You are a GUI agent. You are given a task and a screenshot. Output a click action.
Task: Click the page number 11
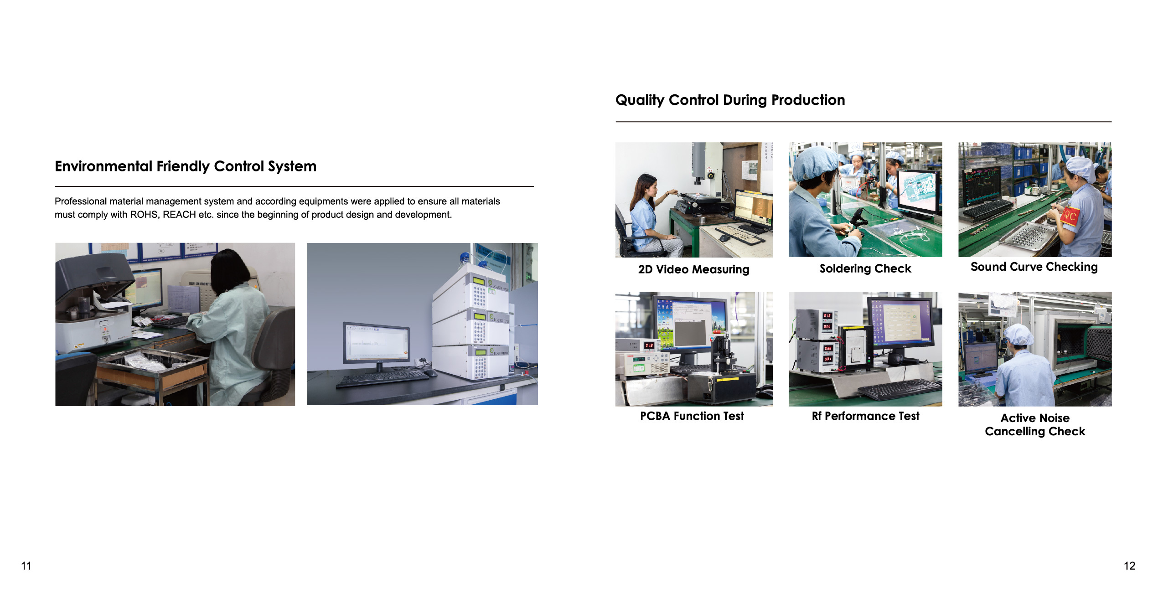click(26, 566)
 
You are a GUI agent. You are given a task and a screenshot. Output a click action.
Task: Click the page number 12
click(1129, 566)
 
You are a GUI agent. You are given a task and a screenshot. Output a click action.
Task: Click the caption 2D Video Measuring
click(693, 269)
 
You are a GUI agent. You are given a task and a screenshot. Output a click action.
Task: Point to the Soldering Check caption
click(865, 268)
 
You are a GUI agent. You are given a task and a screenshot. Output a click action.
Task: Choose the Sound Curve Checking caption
click(1034, 267)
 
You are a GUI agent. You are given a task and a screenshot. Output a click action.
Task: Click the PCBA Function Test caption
click(692, 416)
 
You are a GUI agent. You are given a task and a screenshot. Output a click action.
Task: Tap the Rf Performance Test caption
click(865, 416)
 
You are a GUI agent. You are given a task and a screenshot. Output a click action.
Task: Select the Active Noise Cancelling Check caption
click(1035, 424)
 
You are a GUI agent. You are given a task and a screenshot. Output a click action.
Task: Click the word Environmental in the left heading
click(103, 166)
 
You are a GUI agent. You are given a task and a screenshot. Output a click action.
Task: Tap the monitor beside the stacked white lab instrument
click(377, 342)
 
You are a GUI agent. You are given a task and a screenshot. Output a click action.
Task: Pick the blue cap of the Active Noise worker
click(1019, 335)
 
